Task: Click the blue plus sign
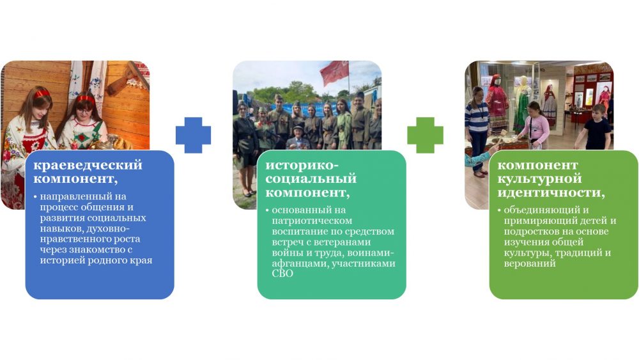click(193, 135)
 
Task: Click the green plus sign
click(425, 135)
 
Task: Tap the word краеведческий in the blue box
click(88, 165)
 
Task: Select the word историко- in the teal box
click(302, 165)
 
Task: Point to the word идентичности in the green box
click(551, 192)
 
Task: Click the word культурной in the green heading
click(539, 179)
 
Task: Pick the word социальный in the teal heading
click(311, 178)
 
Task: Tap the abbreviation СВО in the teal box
click(282, 274)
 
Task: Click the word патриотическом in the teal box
click(312, 221)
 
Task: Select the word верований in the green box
click(529, 263)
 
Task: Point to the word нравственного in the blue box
click(73, 239)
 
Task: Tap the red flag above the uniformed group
click(334, 73)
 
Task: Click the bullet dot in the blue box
click(35, 197)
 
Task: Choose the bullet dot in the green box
click(499, 210)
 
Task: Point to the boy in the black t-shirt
click(595, 127)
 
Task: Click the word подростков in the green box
click(530, 231)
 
